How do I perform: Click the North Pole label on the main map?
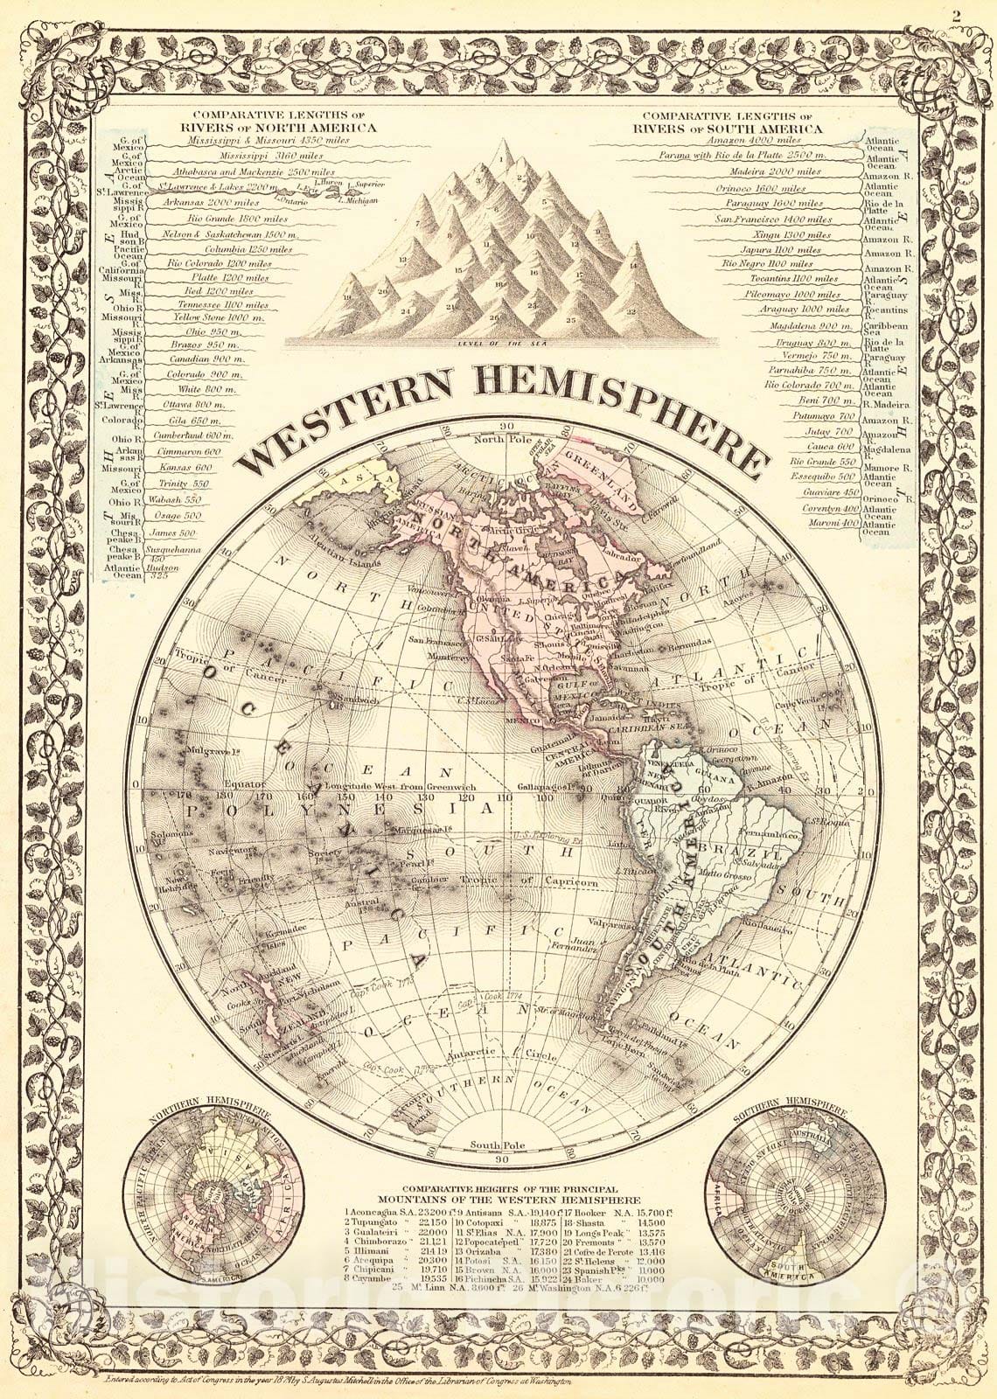(498, 439)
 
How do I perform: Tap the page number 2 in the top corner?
(982, 14)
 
